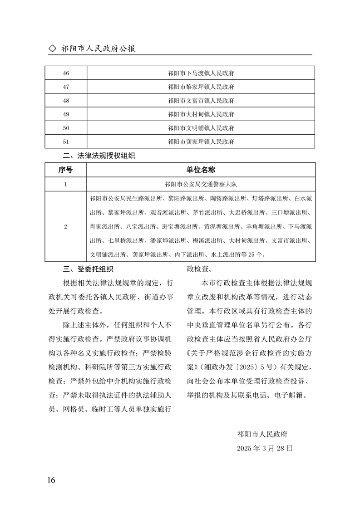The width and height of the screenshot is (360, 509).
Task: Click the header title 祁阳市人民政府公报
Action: tap(98, 49)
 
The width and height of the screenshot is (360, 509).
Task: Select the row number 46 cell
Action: tap(65, 73)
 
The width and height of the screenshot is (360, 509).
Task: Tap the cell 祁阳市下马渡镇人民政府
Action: tap(200, 73)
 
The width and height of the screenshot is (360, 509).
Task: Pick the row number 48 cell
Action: tap(65, 100)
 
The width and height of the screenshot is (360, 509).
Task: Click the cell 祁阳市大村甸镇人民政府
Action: tap(200, 114)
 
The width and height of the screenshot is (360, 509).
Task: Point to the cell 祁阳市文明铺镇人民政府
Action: tap(200, 128)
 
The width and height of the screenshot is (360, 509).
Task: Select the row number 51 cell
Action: tap(65, 142)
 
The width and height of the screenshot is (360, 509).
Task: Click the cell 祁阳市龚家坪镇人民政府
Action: tap(200, 142)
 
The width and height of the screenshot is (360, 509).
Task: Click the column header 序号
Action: tap(65, 170)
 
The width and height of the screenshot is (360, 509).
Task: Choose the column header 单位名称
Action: tap(200, 170)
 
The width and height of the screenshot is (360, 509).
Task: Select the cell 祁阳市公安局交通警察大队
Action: tap(200, 184)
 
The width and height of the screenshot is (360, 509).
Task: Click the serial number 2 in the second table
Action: tap(65, 226)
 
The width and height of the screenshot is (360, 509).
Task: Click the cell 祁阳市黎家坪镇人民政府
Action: tap(200, 87)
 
